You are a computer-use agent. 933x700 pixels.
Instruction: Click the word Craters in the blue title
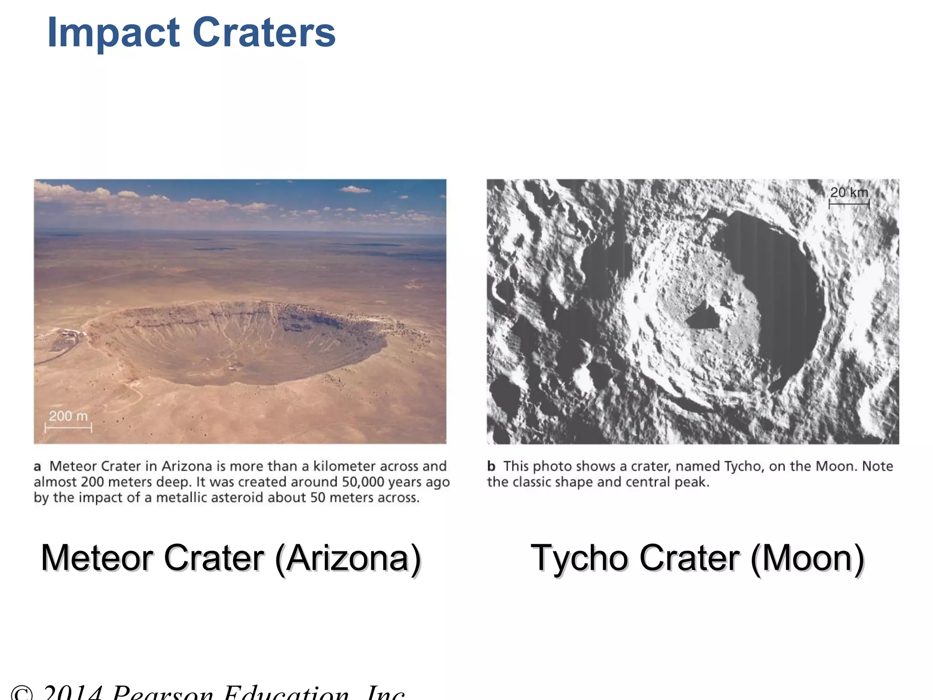[x=264, y=33]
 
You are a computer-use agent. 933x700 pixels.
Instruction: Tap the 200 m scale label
[x=68, y=416]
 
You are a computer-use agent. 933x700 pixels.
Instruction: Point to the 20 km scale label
[x=849, y=192]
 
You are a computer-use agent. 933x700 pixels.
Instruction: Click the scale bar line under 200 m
[x=68, y=427]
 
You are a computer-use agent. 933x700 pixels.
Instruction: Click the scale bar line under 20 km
[x=849, y=204]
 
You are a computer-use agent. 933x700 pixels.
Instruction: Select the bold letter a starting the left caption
[x=37, y=467]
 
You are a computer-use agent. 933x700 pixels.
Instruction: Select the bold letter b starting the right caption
[x=491, y=467]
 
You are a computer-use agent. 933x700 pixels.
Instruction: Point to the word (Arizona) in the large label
[x=348, y=558]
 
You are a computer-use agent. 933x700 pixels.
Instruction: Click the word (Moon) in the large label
[x=807, y=558]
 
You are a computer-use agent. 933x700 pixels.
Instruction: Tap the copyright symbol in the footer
[x=22, y=694]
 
